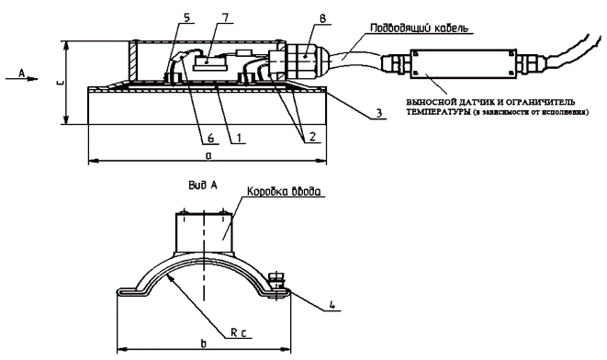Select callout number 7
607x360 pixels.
(x=225, y=17)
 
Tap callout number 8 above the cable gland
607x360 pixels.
(x=323, y=19)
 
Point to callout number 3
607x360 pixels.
(x=379, y=113)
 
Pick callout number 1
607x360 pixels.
(x=239, y=137)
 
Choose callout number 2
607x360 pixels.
(x=312, y=136)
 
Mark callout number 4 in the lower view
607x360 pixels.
(x=332, y=304)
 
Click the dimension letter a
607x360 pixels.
(x=208, y=155)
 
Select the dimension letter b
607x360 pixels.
(x=203, y=343)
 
